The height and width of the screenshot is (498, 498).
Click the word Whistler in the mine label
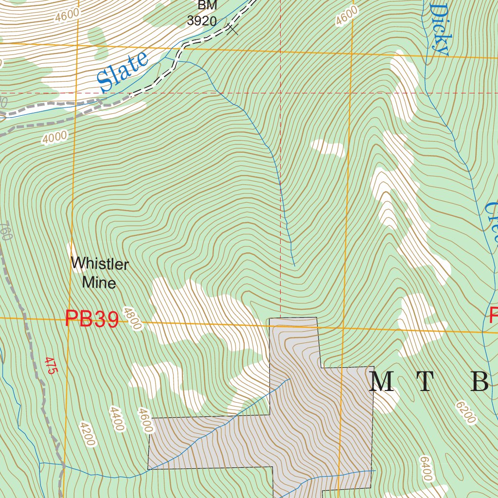point(100,264)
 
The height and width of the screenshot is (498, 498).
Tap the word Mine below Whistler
point(99,282)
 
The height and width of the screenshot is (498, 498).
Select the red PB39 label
point(92,320)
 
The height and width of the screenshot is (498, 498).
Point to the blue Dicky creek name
point(439,29)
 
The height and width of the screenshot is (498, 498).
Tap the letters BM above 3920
point(207,5)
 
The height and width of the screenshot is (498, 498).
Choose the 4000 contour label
point(54,138)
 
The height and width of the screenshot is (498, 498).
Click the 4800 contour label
point(132,319)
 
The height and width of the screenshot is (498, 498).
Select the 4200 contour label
point(86,434)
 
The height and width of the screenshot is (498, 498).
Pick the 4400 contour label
point(117,419)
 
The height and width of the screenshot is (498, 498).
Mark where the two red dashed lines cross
point(281,92)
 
